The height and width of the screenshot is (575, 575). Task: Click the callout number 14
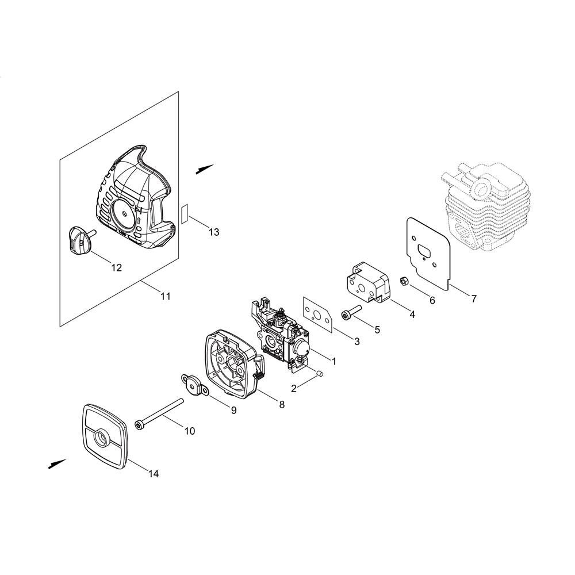coord(154,474)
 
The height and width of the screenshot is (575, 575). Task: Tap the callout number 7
coord(474,299)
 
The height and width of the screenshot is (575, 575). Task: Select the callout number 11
coord(166,296)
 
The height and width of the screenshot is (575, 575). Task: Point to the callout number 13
coord(214,232)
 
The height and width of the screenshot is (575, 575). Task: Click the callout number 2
coord(294,388)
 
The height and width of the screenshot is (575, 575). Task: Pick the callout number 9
coord(233,411)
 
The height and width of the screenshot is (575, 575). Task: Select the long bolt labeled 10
coord(159,413)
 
